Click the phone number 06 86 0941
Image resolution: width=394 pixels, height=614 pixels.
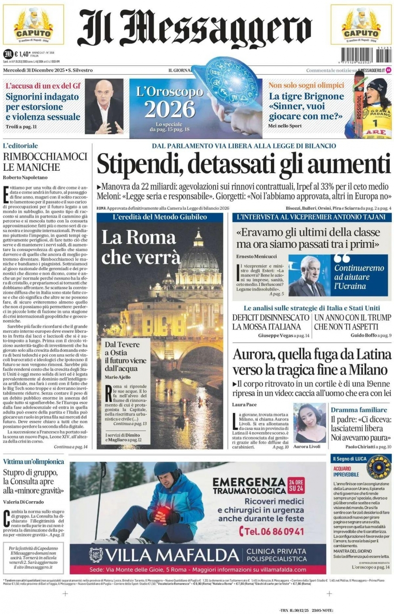click(x=271, y=532)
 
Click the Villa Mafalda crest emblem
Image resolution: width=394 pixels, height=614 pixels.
click(x=96, y=555)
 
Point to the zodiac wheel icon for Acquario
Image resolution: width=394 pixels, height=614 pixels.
click(x=378, y=467)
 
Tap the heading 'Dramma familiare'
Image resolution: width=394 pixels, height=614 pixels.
click(x=359, y=410)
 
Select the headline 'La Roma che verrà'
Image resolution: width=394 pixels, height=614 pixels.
click(x=140, y=247)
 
